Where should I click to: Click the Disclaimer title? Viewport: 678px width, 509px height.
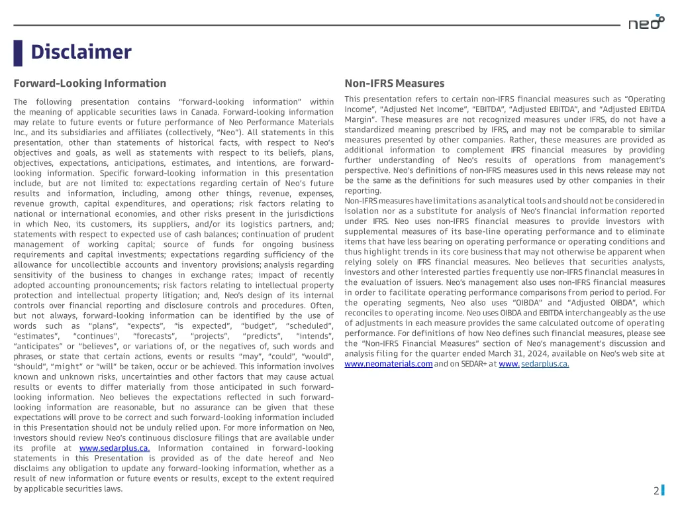point(81,52)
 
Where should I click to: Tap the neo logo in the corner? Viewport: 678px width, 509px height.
point(646,23)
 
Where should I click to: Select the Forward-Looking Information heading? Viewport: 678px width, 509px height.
point(90,84)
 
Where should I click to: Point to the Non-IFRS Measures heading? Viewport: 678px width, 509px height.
point(395,84)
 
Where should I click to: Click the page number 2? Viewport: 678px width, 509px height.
point(656,491)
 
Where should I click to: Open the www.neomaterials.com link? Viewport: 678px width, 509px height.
point(389,364)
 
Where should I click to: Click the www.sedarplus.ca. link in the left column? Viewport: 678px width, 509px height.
point(115,448)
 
